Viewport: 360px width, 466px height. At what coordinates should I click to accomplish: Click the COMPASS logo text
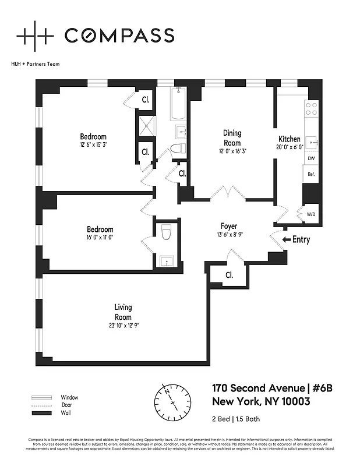[x=119, y=36]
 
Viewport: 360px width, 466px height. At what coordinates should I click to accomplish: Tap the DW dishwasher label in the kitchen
[x=311, y=158]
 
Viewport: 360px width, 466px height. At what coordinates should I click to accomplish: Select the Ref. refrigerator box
[x=311, y=174]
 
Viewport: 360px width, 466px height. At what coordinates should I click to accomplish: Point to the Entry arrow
[x=286, y=239]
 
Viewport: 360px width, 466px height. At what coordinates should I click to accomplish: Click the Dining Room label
[x=232, y=137]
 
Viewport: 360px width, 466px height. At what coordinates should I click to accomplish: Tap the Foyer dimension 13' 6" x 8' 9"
[x=228, y=235]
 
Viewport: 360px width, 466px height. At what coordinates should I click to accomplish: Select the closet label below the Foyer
[x=229, y=275]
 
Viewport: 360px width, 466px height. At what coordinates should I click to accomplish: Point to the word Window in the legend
[x=69, y=397]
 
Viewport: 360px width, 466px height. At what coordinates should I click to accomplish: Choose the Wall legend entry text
[x=66, y=412]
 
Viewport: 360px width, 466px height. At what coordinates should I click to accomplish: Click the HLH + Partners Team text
[x=36, y=64]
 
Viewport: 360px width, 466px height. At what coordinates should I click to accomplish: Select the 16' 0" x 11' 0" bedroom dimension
[x=100, y=238]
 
